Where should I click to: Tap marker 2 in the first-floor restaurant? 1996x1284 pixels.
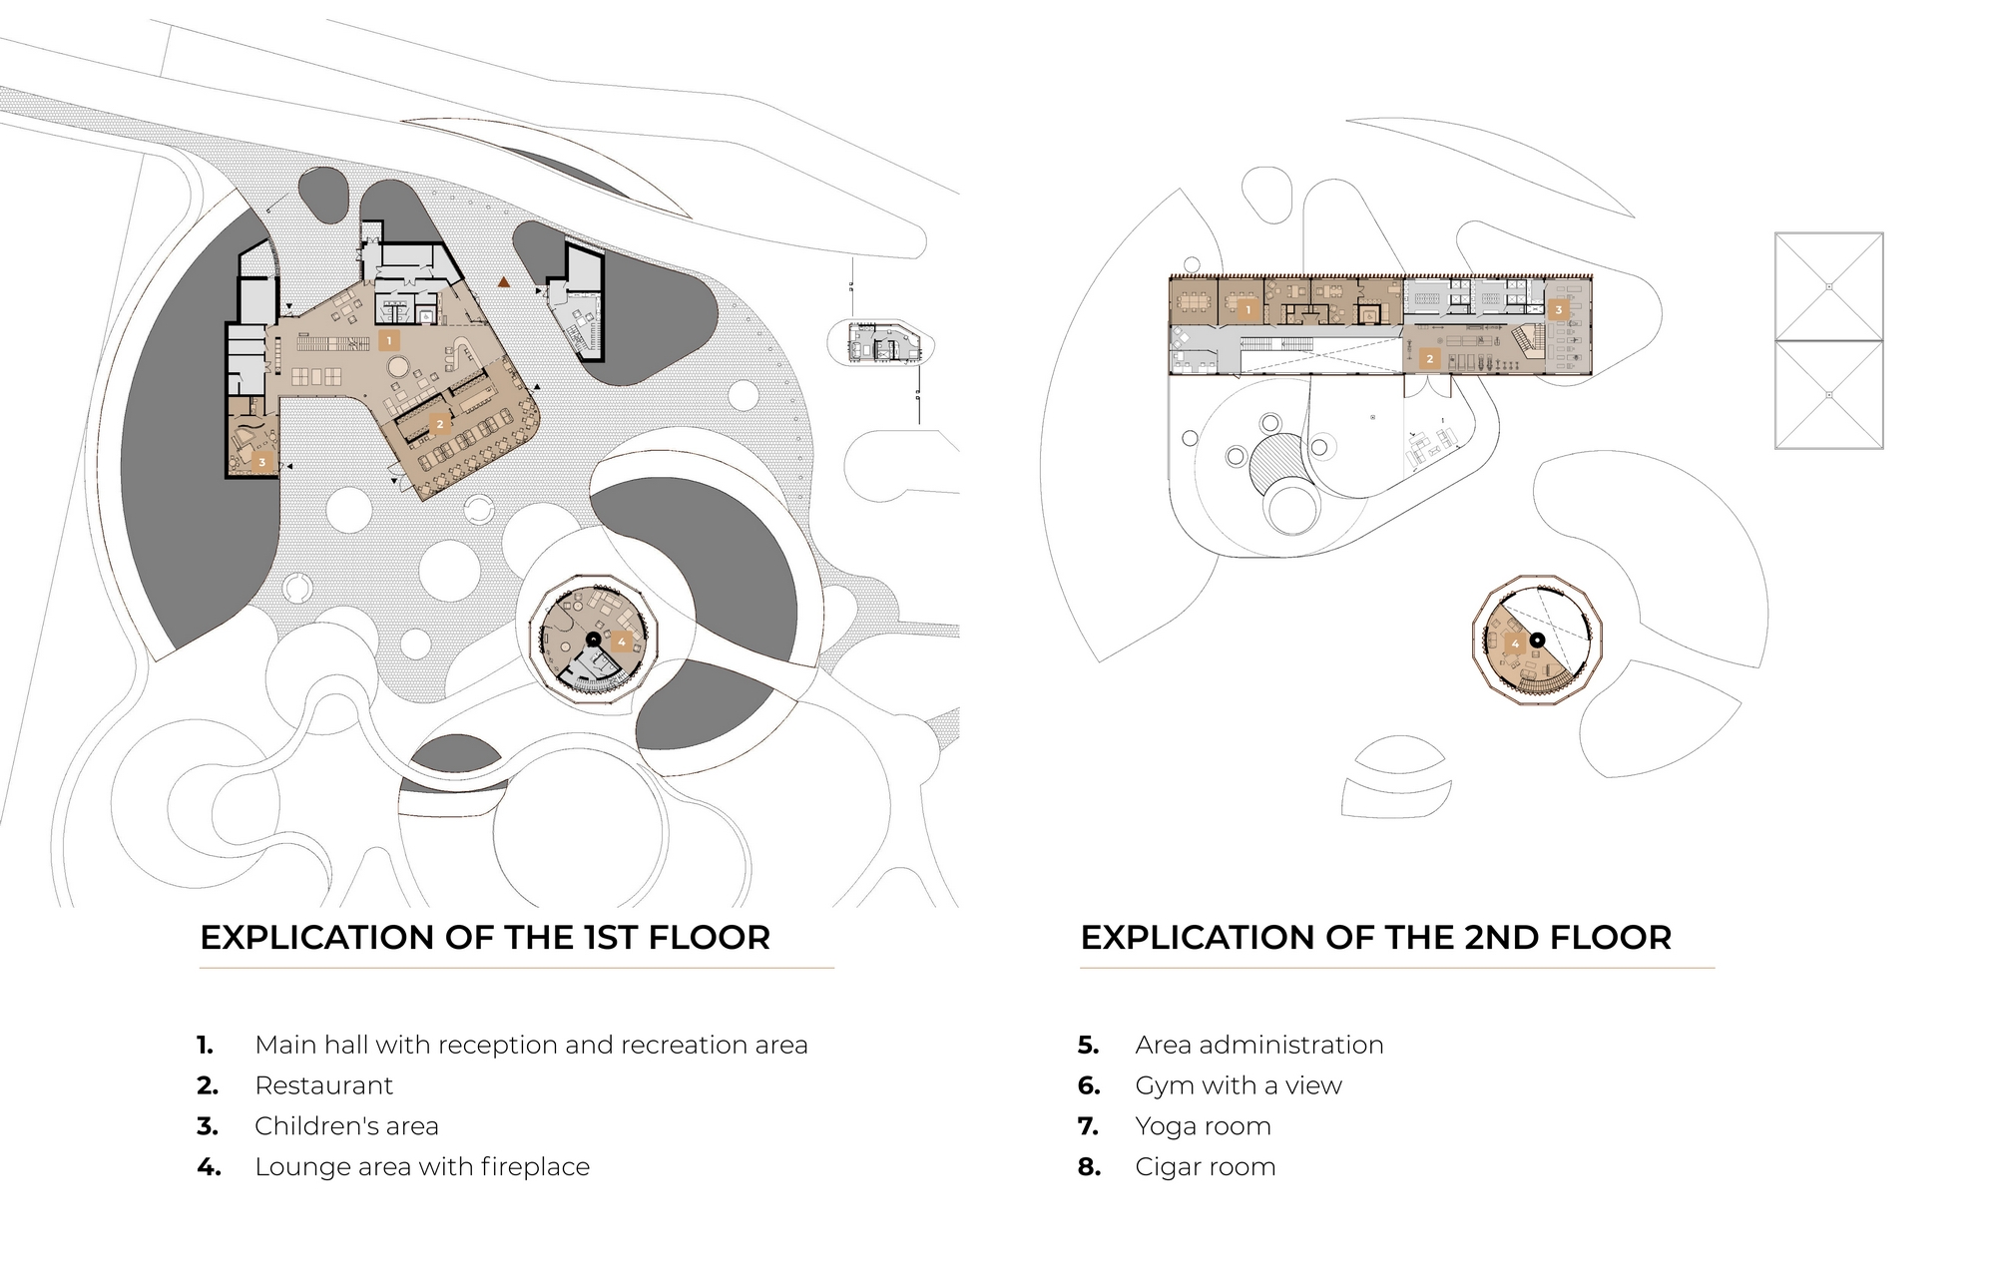click(x=439, y=424)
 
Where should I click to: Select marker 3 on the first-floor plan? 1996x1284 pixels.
click(x=262, y=462)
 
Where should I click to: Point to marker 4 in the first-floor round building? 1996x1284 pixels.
click(x=621, y=642)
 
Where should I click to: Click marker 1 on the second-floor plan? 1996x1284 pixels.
click(x=1247, y=310)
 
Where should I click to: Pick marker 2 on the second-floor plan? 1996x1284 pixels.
click(x=1429, y=358)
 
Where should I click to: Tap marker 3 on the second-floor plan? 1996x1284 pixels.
click(x=1558, y=310)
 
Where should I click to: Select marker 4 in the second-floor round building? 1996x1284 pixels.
click(x=1515, y=643)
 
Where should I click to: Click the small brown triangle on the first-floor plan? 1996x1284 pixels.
click(x=505, y=282)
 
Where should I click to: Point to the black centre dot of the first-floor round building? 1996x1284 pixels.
click(x=594, y=639)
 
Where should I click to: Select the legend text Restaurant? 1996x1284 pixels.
click(x=323, y=1085)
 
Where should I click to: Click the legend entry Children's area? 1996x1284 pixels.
click(x=346, y=1126)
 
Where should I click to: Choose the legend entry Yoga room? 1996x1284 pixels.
click(x=1203, y=1126)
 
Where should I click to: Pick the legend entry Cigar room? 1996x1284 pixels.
click(x=1205, y=1167)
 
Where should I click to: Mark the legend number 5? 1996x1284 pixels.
click(x=1088, y=1046)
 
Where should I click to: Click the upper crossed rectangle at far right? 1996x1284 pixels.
click(x=1828, y=286)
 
